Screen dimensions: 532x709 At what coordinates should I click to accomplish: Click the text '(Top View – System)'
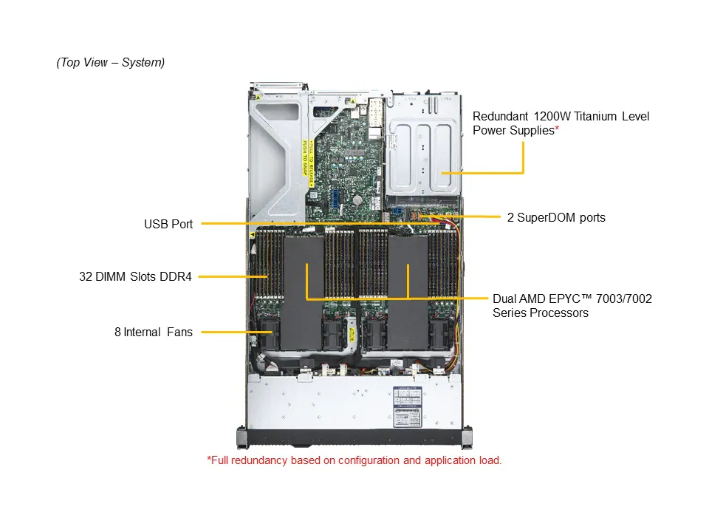tap(111, 63)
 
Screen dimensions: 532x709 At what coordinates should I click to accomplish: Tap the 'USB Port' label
tap(168, 224)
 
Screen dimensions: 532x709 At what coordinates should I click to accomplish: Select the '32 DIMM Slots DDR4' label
tap(135, 277)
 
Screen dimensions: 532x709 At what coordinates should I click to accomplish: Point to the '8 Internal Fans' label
tap(153, 332)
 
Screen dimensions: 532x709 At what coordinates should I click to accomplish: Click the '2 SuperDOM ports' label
tap(556, 217)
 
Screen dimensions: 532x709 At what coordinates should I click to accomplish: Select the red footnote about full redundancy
tap(354, 460)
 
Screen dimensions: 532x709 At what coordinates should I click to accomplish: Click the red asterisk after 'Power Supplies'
tap(556, 130)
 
